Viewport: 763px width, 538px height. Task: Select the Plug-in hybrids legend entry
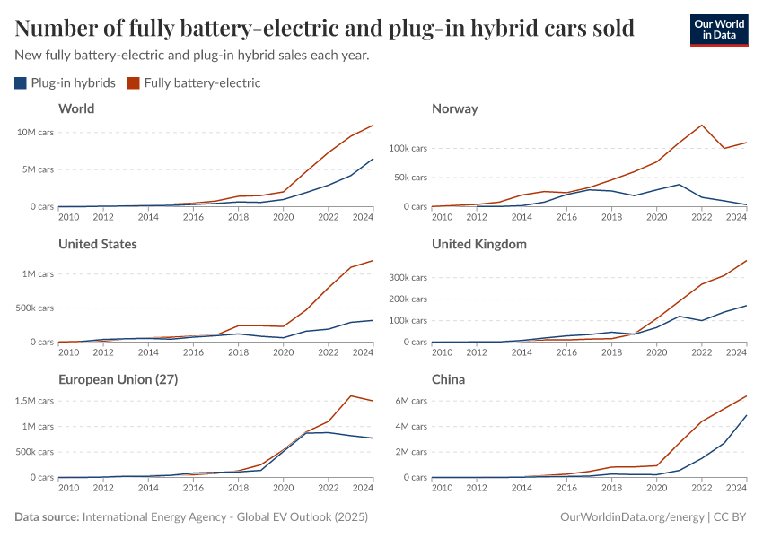[65, 83]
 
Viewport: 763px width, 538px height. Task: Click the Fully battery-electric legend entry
[193, 83]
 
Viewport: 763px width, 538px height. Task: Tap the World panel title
[76, 108]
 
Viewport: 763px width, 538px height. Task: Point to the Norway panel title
[454, 108]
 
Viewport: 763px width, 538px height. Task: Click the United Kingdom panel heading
[478, 244]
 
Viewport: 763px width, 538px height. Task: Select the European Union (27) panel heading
[118, 379]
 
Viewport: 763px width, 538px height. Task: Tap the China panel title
[448, 379]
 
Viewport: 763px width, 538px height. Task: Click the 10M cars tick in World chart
[35, 132]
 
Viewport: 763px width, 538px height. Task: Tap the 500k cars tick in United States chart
[34, 308]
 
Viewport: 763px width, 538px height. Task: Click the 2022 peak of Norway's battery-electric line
[702, 125]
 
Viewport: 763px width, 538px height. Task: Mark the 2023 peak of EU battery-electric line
[350, 395]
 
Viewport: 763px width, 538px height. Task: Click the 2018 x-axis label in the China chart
[611, 488]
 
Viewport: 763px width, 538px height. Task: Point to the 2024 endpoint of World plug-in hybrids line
[373, 159]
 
